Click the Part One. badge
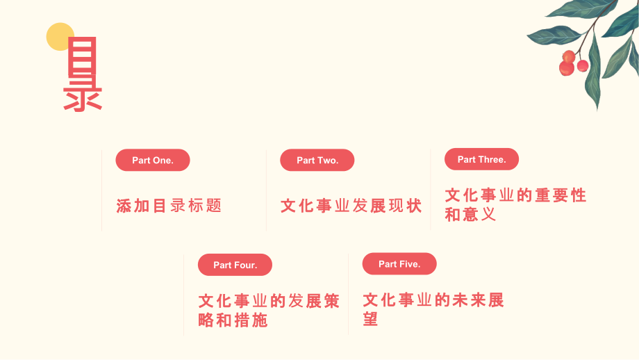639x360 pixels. click(152, 160)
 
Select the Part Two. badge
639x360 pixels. click(317, 160)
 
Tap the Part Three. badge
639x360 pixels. click(481, 159)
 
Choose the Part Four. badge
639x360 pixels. click(235, 265)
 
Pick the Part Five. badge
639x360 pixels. click(399, 264)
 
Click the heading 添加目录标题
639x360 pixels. click(169, 206)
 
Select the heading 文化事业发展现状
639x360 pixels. click(351, 206)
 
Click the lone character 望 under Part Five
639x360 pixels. click(371, 319)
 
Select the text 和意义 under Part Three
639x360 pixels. click(470, 215)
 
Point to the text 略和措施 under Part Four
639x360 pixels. click(233, 320)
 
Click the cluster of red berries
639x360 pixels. click(573, 63)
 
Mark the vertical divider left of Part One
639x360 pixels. click(102, 190)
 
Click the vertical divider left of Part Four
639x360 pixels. click(184, 295)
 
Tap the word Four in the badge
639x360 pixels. click(245, 265)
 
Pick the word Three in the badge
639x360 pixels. click(492, 159)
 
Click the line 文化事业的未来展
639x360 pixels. click(433, 300)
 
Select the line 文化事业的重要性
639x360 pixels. click(515, 195)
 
